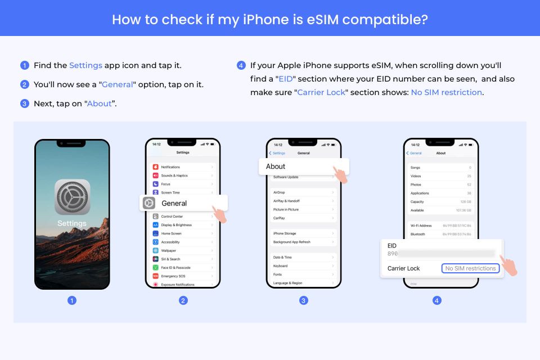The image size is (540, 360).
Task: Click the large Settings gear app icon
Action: tap(72, 197)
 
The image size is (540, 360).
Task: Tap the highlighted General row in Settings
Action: tap(183, 203)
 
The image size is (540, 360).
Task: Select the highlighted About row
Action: tap(304, 166)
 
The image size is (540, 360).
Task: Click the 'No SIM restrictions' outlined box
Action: tap(470, 268)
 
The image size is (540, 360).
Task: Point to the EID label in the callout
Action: tap(392, 246)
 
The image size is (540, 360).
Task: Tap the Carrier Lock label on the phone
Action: tap(403, 268)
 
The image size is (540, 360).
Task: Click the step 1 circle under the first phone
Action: tap(72, 300)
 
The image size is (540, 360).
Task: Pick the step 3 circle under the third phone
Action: tap(304, 300)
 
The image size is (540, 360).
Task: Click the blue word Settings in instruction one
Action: tap(85, 65)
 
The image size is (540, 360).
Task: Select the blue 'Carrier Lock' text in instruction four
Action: tap(321, 92)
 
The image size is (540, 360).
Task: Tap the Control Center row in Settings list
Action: tap(172, 217)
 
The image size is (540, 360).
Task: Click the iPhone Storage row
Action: tap(285, 233)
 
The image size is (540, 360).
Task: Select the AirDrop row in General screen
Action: tap(279, 192)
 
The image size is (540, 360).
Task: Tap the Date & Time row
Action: tap(282, 257)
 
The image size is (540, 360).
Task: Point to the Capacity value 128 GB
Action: tap(465, 201)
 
